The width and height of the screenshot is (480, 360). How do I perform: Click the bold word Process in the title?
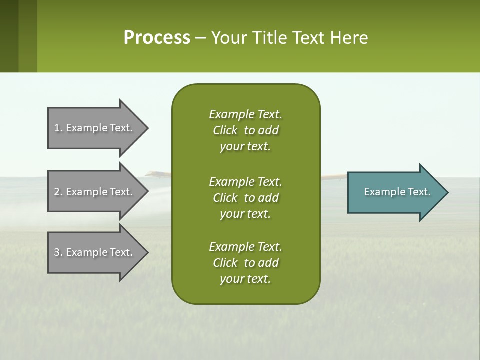tap(157, 37)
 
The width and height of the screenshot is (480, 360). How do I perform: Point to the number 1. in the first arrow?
tap(58, 128)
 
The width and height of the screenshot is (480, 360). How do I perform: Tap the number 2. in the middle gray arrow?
tap(58, 192)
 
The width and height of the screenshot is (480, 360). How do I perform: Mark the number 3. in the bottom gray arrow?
tap(58, 252)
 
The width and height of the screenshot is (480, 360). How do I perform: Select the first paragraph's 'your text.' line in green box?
tap(245, 147)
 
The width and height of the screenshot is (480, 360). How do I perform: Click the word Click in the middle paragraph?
tap(225, 198)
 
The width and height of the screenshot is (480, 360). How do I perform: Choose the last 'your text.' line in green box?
tap(245, 279)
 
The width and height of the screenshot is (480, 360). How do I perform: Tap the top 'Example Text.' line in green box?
tap(245, 114)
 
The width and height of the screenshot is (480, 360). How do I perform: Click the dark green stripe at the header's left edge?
tap(9, 36)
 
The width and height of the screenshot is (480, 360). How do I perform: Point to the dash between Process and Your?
tap(200, 38)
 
